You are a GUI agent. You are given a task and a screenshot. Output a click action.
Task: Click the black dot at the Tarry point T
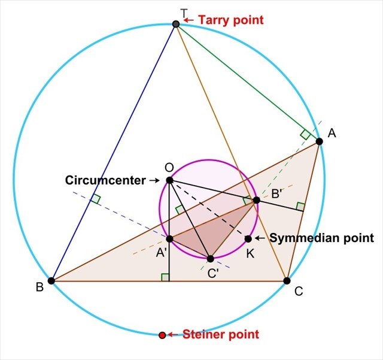(176, 24)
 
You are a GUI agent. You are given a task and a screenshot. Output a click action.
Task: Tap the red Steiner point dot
(162, 335)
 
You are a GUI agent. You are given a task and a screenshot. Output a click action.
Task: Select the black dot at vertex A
(319, 141)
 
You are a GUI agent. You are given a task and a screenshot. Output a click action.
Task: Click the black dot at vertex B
(51, 280)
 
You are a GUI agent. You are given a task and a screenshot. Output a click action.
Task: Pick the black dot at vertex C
(287, 280)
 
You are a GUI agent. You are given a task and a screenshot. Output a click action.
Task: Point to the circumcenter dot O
(169, 180)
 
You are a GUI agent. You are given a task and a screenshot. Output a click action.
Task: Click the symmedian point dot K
(248, 239)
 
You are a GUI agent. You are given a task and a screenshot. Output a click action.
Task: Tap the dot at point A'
(169, 239)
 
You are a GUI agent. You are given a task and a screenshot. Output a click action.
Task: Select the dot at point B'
(256, 200)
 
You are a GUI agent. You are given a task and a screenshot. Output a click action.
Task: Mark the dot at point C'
(210, 259)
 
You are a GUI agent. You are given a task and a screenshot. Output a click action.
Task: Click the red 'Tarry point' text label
(230, 20)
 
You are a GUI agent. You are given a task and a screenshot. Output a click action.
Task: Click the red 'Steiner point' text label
(221, 334)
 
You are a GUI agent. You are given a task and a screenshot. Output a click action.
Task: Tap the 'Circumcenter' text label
(105, 180)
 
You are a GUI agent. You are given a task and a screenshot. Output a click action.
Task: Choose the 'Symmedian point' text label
(321, 238)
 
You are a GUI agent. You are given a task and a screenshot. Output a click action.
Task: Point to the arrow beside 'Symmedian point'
(260, 238)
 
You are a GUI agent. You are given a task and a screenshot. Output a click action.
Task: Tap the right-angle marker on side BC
(165, 276)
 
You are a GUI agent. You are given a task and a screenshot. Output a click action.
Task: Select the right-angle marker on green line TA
(305, 134)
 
